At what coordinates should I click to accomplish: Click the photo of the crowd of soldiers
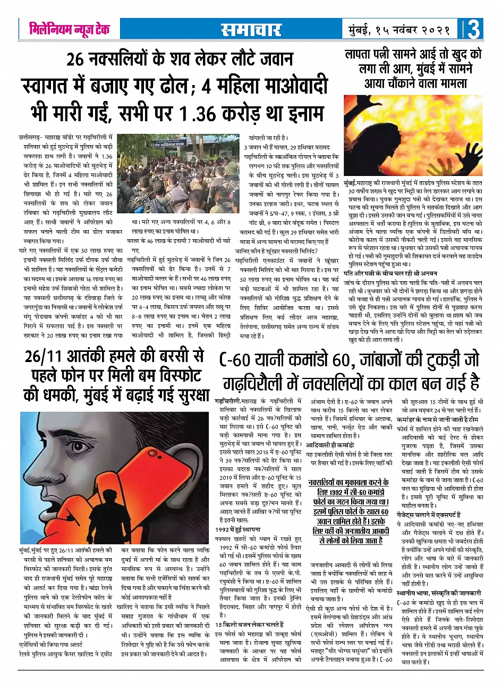point(177,173)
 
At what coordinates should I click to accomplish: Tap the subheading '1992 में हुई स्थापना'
point(237,530)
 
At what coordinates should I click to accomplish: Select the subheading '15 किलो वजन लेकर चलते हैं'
point(250,624)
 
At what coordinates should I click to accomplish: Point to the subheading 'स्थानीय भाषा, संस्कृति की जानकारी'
point(439,593)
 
